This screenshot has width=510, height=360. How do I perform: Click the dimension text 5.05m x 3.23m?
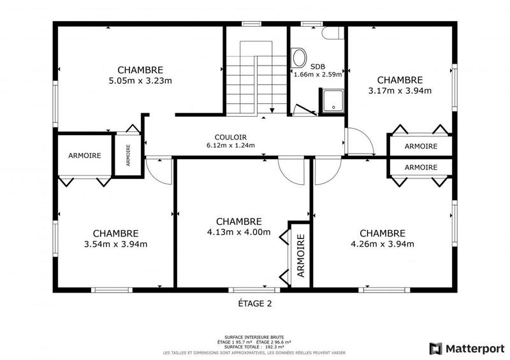pyautogui.click(x=140, y=81)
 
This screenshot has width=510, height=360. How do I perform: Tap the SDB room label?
pyautogui.click(x=317, y=66)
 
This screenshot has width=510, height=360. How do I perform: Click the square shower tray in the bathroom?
pyautogui.click(x=331, y=101)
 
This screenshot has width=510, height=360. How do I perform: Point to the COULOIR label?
pyautogui.click(x=230, y=137)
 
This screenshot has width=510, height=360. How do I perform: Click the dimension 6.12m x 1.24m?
pyautogui.click(x=230, y=145)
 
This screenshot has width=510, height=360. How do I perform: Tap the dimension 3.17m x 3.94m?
pyautogui.click(x=400, y=90)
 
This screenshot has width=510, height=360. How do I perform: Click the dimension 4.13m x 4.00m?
pyautogui.click(x=239, y=232)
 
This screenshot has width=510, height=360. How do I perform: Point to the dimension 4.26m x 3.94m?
pyautogui.click(x=382, y=243)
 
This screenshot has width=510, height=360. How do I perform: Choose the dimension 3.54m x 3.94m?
pyautogui.click(x=115, y=244)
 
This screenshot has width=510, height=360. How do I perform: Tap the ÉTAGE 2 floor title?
pyautogui.click(x=251, y=304)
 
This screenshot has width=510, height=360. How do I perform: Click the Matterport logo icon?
pyautogui.click(x=436, y=348)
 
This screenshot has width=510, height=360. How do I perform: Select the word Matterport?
pyautogui.click(x=471, y=348)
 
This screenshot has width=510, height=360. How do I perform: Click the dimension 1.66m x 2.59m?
pyautogui.click(x=317, y=74)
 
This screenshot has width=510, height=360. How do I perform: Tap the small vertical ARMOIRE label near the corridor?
pyautogui.click(x=128, y=154)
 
